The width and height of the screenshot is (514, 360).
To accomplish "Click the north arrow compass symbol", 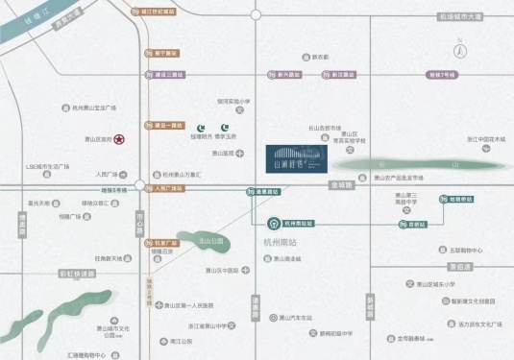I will [461, 51].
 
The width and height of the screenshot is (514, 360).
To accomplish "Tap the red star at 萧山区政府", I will [119, 139].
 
